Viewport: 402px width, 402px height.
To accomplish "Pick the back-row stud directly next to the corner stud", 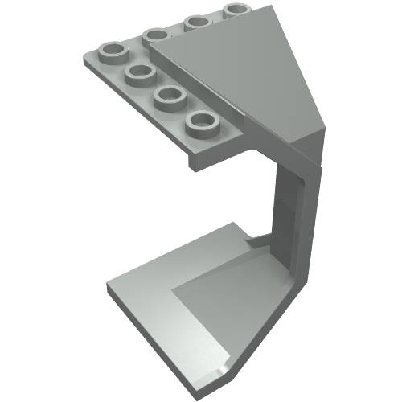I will click(156, 35).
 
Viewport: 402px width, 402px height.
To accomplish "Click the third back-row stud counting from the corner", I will click(197, 23).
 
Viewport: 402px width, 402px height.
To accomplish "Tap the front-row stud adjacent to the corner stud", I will click(140, 74).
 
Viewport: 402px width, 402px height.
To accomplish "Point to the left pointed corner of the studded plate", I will click(83, 60).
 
